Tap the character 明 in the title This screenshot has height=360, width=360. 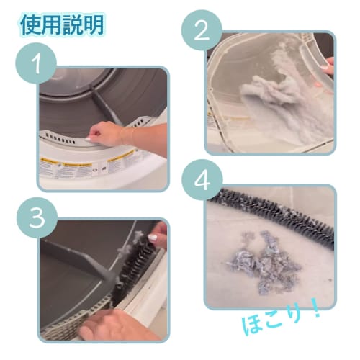[94, 25]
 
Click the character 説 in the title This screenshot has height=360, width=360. [73, 25]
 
